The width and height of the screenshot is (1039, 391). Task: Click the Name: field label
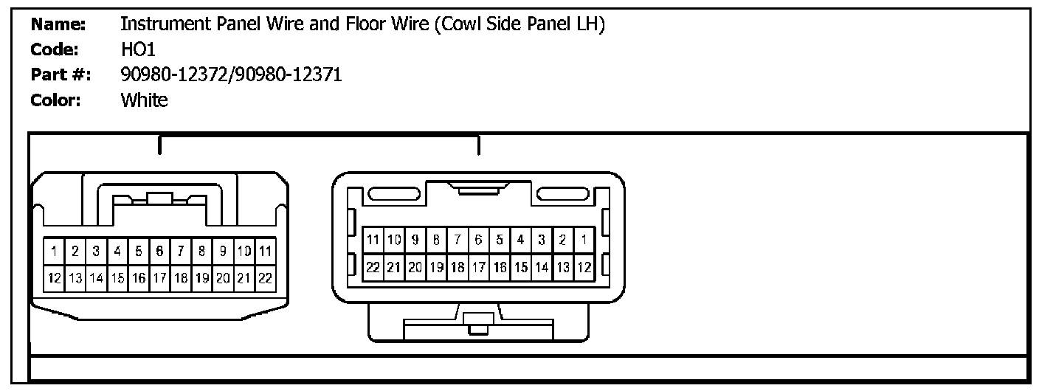(59, 24)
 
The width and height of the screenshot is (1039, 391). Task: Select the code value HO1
(137, 49)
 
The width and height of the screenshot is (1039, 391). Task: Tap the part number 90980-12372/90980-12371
(231, 75)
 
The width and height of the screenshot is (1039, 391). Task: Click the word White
(144, 100)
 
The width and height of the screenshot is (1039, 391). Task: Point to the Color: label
(56, 100)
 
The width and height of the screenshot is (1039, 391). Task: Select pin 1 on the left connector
(55, 251)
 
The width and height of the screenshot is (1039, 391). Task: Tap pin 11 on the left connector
(266, 251)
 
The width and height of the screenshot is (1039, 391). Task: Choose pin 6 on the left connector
(159, 251)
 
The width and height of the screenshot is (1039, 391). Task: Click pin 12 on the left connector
(55, 278)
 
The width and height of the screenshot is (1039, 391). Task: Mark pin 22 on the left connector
(266, 278)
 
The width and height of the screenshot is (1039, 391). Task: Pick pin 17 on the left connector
(159, 278)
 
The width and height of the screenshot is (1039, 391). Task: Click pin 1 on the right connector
(583, 239)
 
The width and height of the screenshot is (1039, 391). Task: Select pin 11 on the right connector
(373, 239)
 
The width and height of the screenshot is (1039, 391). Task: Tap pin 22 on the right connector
(373, 266)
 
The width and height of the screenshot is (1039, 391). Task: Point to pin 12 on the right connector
(583, 266)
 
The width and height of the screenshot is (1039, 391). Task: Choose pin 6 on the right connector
(478, 239)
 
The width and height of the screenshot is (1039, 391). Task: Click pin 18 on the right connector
(458, 266)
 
